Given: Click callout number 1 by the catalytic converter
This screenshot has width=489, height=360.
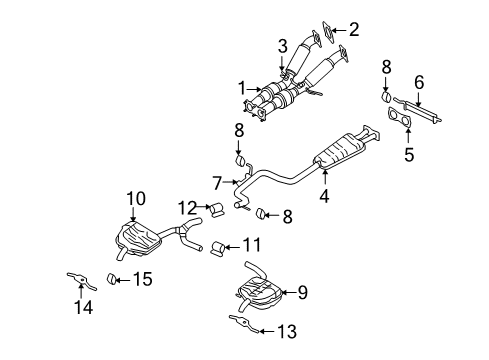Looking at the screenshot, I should coord(239,89).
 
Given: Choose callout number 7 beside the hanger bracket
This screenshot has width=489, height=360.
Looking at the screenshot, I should coord(217,183).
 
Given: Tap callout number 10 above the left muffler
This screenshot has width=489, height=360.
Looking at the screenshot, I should coord(134,198).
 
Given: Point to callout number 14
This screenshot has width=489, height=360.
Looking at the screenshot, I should coord(84,308).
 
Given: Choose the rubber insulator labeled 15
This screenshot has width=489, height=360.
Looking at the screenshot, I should coord(114,277).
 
